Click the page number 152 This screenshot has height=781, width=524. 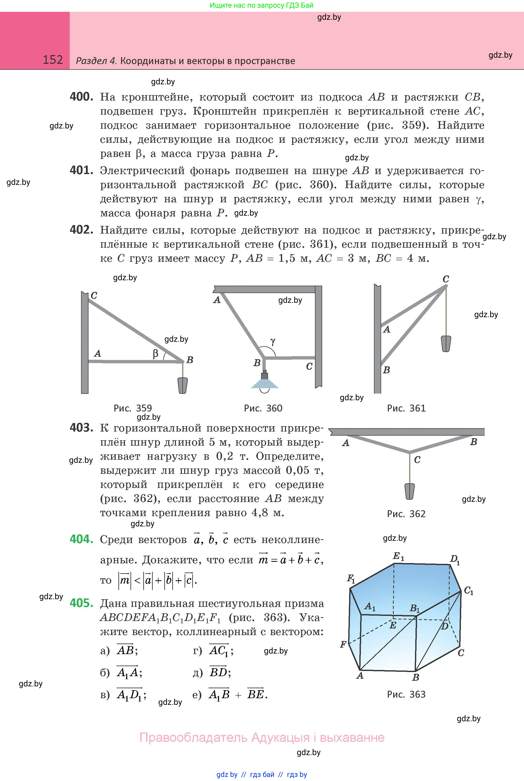click(x=53, y=60)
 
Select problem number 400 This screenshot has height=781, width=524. click(x=81, y=97)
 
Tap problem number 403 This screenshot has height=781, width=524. click(x=81, y=428)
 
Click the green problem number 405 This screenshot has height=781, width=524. click(x=81, y=603)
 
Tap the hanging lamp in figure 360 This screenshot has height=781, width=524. click(x=265, y=381)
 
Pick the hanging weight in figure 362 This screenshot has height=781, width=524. click(x=410, y=491)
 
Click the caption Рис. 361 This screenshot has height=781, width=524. click(x=406, y=408)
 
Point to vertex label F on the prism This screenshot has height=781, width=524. click(x=343, y=644)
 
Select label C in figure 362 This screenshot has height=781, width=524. click(x=417, y=460)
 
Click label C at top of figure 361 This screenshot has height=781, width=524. click(x=446, y=279)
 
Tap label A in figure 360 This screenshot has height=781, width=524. click(x=217, y=300)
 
